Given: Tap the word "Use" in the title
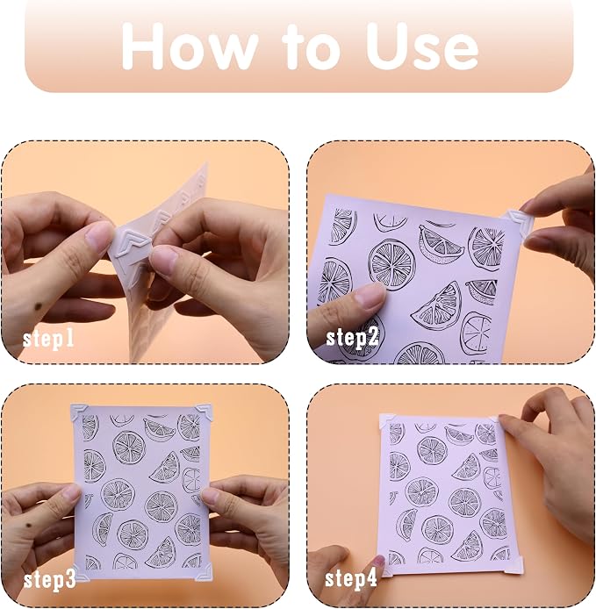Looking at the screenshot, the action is [x=421, y=47].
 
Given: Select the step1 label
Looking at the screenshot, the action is [x=48, y=339].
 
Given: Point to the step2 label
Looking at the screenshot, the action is [x=352, y=337].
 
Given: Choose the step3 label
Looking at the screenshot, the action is [x=49, y=580].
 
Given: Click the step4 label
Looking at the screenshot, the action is [x=351, y=578].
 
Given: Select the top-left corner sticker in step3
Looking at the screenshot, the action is [x=79, y=412].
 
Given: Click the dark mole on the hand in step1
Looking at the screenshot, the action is [x=38, y=306].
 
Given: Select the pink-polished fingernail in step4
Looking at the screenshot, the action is [x=377, y=562].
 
